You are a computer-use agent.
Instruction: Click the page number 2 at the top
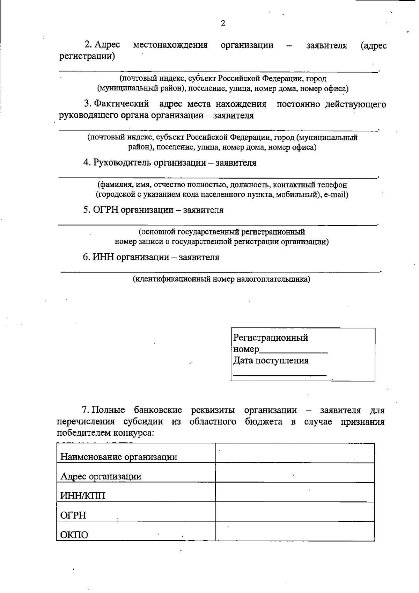(x=223, y=23)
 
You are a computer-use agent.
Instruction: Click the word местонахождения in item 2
(x=170, y=45)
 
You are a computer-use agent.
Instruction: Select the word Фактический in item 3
(x=122, y=104)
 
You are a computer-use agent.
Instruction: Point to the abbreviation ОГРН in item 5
(x=105, y=210)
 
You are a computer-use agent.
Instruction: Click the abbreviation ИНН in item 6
(x=103, y=258)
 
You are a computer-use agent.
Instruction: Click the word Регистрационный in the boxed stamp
(x=271, y=338)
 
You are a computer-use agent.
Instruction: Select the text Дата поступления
(x=271, y=361)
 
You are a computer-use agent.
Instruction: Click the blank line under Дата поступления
(x=279, y=375)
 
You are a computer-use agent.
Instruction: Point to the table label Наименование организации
(x=119, y=457)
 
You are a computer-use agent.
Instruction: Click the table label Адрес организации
(x=101, y=477)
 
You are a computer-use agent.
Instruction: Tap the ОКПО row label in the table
(x=74, y=535)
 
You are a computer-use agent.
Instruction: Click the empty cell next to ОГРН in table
(x=295, y=512)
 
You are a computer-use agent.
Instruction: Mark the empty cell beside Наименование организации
(x=295, y=453)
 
